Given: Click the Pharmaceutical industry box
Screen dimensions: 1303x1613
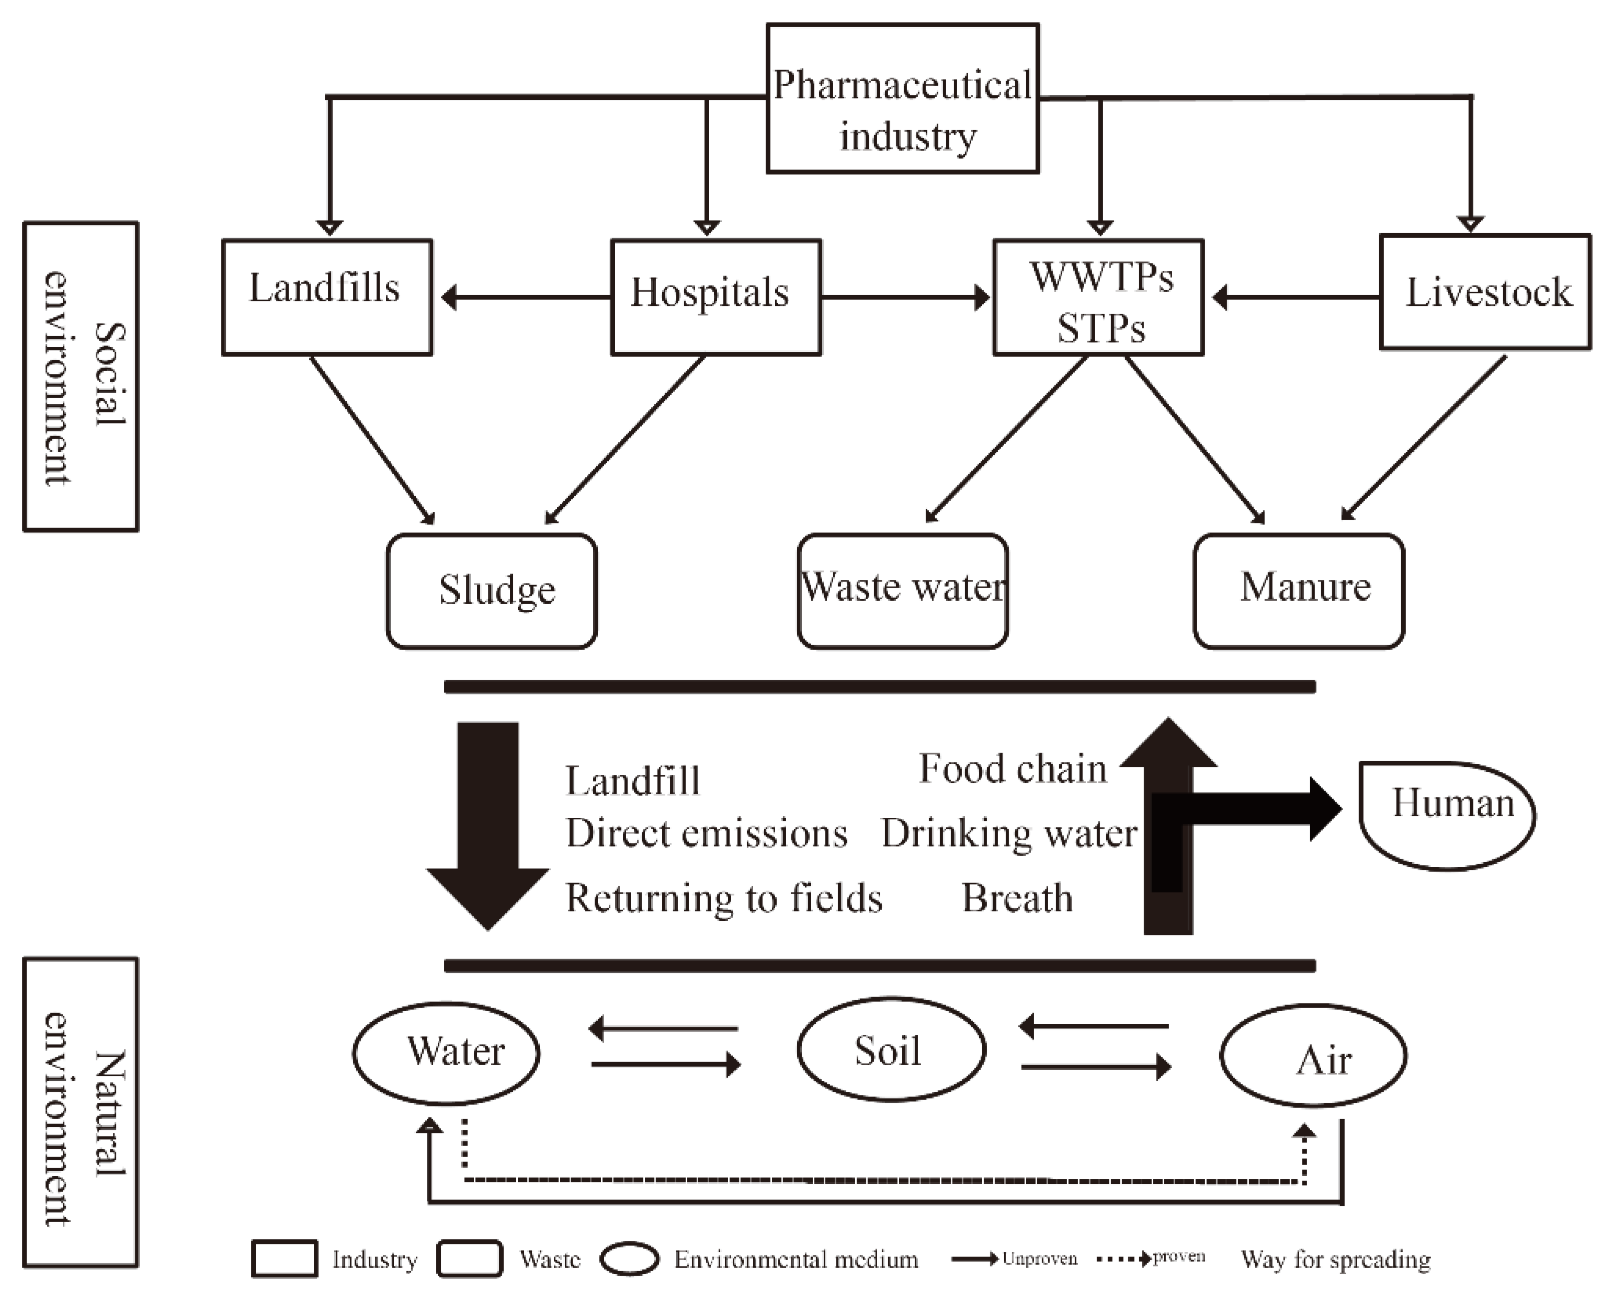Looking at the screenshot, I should pos(902,98).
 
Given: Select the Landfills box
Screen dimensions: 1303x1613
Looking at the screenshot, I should pos(327,297).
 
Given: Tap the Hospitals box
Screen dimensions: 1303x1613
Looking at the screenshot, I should pos(715,297).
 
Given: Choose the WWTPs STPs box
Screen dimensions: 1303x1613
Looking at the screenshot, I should pos(1098,297).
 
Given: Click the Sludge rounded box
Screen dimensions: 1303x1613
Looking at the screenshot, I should pos(492,591).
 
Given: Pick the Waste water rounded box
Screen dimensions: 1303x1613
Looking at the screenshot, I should pos(902,591).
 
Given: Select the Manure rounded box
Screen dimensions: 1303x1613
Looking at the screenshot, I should pos(1299,591).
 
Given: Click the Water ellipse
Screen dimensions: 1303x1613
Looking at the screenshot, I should pos(447,1053).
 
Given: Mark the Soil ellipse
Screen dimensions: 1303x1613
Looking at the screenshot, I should pos(891,1049).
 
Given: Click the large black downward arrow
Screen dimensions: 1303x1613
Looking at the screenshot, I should pos(488,826).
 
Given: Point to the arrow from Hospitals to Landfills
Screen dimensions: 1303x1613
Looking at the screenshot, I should pos(526,297).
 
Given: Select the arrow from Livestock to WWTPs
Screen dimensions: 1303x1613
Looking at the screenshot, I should pos(1296,297).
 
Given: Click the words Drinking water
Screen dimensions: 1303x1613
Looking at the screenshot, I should pos(1009,833).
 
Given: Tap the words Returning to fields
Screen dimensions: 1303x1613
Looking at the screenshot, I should pos(723,898).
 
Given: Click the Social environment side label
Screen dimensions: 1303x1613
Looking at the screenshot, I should pos(81,377).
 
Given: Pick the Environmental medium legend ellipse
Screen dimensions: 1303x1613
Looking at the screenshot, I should pos(630,1260).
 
